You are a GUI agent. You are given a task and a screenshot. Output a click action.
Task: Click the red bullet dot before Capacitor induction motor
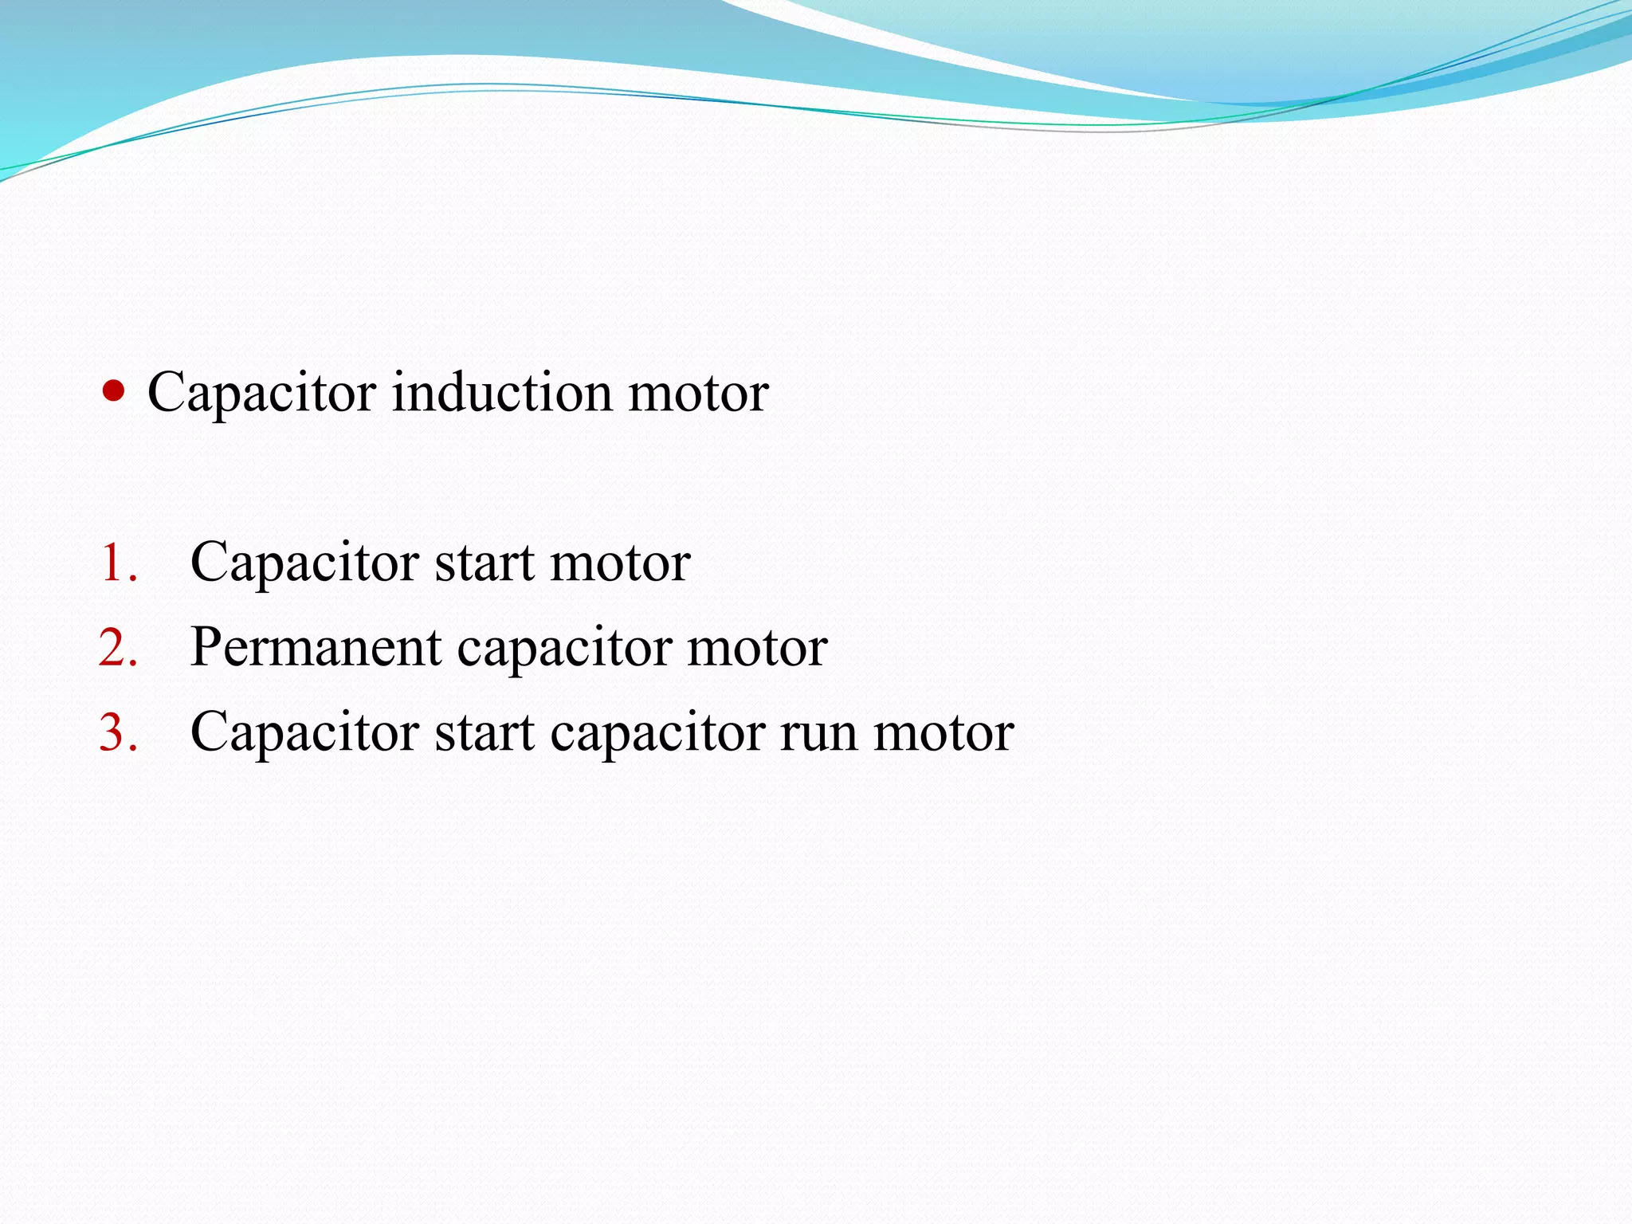(114, 391)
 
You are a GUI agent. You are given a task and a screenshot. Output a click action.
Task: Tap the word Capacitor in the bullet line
(261, 394)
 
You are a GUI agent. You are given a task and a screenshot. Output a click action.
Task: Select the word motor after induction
(698, 394)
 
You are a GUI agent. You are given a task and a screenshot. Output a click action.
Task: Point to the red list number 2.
(118, 647)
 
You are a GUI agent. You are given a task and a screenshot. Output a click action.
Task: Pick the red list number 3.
(118, 732)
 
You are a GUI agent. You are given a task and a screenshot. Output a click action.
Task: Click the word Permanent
(316, 647)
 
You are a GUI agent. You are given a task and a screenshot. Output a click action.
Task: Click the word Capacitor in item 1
(304, 564)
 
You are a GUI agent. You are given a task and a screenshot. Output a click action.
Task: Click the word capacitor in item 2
(564, 649)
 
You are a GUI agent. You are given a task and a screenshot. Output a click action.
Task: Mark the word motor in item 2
(757, 647)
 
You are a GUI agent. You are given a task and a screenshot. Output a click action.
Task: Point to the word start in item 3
(484, 732)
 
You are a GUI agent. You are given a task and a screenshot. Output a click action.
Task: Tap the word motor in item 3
(943, 732)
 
